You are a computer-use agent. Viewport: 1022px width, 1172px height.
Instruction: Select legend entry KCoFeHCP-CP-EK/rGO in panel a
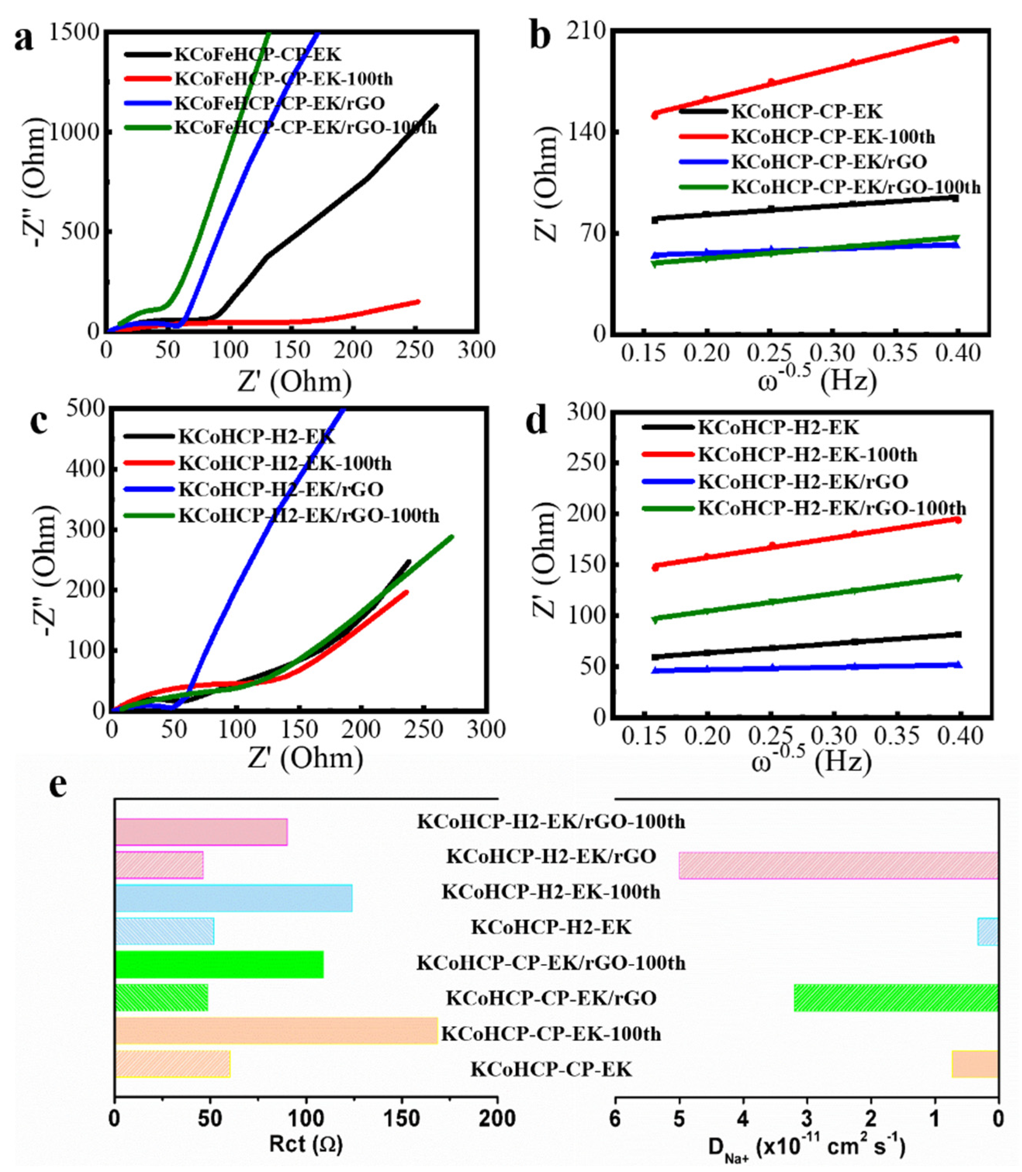pyautogui.click(x=280, y=103)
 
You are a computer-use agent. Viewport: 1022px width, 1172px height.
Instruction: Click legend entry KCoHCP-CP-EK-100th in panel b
pyautogui.click(x=833, y=137)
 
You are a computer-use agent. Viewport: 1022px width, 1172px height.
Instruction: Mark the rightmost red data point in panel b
pyautogui.click(x=955, y=39)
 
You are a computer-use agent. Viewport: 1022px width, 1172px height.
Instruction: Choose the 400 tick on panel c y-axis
pyautogui.click(x=86, y=469)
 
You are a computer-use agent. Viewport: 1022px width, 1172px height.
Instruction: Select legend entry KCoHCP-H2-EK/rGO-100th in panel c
pyautogui.click(x=308, y=515)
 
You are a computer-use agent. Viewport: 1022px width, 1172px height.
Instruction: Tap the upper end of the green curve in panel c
pyautogui.click(x=452, y=536)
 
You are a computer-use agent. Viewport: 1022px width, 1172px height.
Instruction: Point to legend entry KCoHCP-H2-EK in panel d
pyautogui.click(x=778, y=427)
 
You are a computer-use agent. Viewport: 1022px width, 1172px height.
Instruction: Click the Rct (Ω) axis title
pyautogui.click(x=306, y=1143)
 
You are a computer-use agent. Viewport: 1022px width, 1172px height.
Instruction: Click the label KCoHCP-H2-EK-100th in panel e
pyautogui.click(x=551, y=891)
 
